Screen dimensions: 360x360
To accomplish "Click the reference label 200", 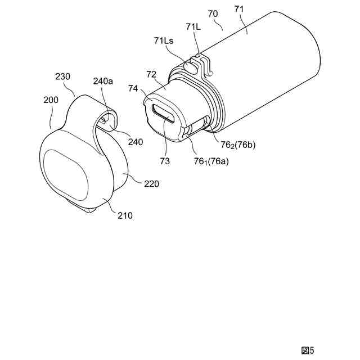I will [51, 100].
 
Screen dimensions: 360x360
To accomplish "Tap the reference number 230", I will [63, 76].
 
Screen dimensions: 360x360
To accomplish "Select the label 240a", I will [103, 82].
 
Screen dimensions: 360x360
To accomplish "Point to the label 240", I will [135, 142].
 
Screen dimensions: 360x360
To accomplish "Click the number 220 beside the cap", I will [151, 183].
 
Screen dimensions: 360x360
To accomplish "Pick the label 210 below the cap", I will [125, 215].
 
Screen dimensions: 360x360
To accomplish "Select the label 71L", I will [193, 27].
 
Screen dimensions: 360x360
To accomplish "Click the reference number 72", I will [151, 75].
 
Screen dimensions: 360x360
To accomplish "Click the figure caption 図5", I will [308, 349].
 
